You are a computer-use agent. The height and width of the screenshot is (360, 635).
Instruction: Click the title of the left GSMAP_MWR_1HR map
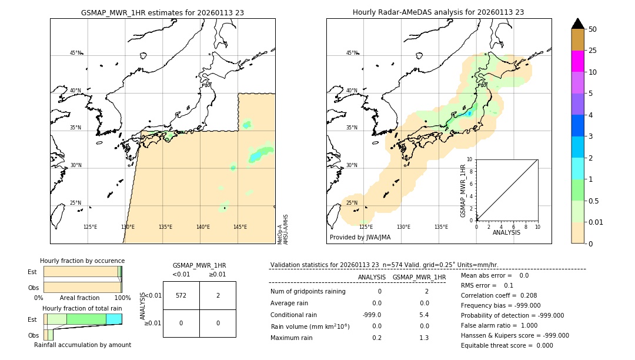[x=162, y=12]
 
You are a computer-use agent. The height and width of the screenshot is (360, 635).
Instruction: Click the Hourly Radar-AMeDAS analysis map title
[x=438, y=12]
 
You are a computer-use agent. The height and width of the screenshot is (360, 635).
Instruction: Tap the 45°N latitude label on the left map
[x=75, y=53]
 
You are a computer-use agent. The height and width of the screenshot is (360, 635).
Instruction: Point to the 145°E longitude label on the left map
[x=240, y=227]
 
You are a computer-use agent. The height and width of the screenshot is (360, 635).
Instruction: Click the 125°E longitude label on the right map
[x=366, y=227]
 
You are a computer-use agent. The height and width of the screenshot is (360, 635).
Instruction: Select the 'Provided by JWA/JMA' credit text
[x=360, y=238]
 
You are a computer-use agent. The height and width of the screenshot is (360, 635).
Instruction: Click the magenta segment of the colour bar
[x=577, y=61]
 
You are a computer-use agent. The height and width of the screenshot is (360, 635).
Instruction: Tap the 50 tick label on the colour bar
[x=593, y=29]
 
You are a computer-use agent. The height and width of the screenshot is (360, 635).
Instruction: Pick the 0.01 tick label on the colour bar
[x=596, y=222]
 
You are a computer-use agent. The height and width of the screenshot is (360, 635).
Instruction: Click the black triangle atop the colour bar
[x=577, y=24]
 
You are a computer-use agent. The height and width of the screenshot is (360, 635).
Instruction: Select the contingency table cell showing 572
[x=181, y=295]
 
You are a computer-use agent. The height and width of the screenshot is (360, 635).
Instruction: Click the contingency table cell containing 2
[x=218, y=295]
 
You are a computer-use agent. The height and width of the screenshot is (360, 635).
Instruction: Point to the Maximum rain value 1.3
[x=423, y=338]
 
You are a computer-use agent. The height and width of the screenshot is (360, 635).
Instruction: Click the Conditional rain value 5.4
[x=423, y=315]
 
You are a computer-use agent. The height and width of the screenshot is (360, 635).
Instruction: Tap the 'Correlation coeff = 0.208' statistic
[x=499, y=296]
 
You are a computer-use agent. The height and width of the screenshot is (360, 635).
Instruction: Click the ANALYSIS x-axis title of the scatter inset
[x=506, y=232]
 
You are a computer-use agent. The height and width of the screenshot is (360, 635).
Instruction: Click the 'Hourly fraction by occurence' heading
[x=82, y=261]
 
